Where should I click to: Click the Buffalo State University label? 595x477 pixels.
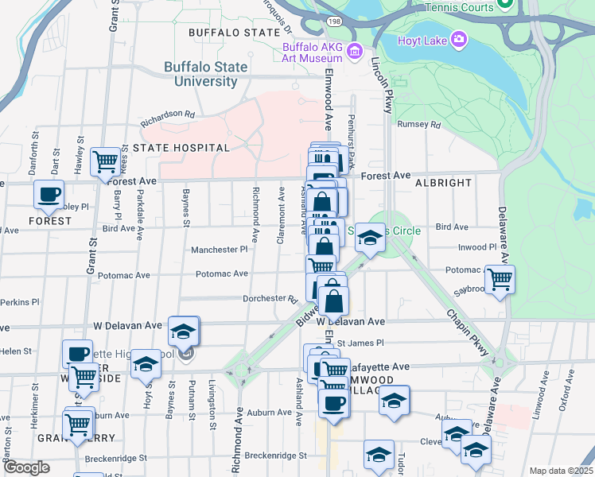click(200, 74)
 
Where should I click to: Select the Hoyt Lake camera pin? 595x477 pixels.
click(459, 38)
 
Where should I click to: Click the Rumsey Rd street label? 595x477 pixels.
click(418, 125)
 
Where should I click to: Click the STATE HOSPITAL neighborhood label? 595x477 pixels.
click(181, 148)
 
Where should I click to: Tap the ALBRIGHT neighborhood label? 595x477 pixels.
click(443, 183)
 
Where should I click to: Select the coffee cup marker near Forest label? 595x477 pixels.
click(49, 193)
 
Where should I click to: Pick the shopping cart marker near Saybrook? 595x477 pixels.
click(500, 279)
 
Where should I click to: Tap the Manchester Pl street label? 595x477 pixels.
click(220, 250)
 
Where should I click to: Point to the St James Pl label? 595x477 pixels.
click(360, 343)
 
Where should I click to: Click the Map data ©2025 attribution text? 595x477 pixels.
click(561, 471)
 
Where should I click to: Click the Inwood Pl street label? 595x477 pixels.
click(477, 247)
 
